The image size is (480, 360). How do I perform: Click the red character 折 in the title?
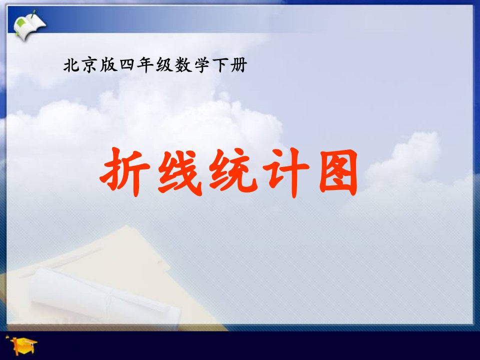[125, 172]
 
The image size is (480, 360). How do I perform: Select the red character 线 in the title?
[179, 172]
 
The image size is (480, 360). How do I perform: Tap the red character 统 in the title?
[233, 171]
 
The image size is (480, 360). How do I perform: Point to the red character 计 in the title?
[286, 172]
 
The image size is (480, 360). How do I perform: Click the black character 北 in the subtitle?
[72, 65]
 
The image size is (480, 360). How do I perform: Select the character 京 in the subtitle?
[90, 65]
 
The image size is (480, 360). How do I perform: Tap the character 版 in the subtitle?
[108, 65]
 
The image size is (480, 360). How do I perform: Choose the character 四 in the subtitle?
[127, 65]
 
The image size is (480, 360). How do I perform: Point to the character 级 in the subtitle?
[164, 65]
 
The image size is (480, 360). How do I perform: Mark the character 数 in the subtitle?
[183, 65]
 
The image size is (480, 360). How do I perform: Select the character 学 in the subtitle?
[201, 65]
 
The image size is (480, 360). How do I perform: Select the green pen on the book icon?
[32, 14]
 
